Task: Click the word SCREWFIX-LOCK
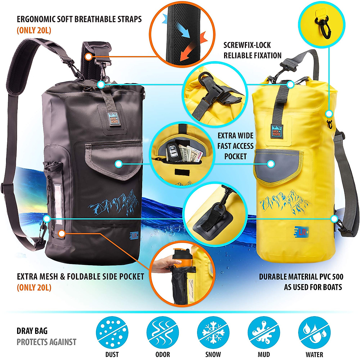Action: pos(247,45)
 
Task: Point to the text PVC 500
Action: pos(328,277)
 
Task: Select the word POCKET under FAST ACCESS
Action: pos(235,156)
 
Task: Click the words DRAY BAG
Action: pos(32,331)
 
